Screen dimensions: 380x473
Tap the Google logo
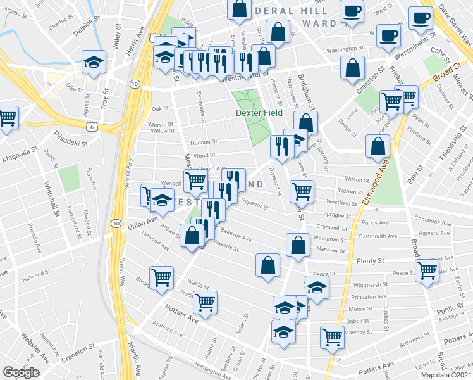[x=21, y=372]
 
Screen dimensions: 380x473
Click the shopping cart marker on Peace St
[x=428, y=270]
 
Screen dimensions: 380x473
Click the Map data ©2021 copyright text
[x=446, y=375]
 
